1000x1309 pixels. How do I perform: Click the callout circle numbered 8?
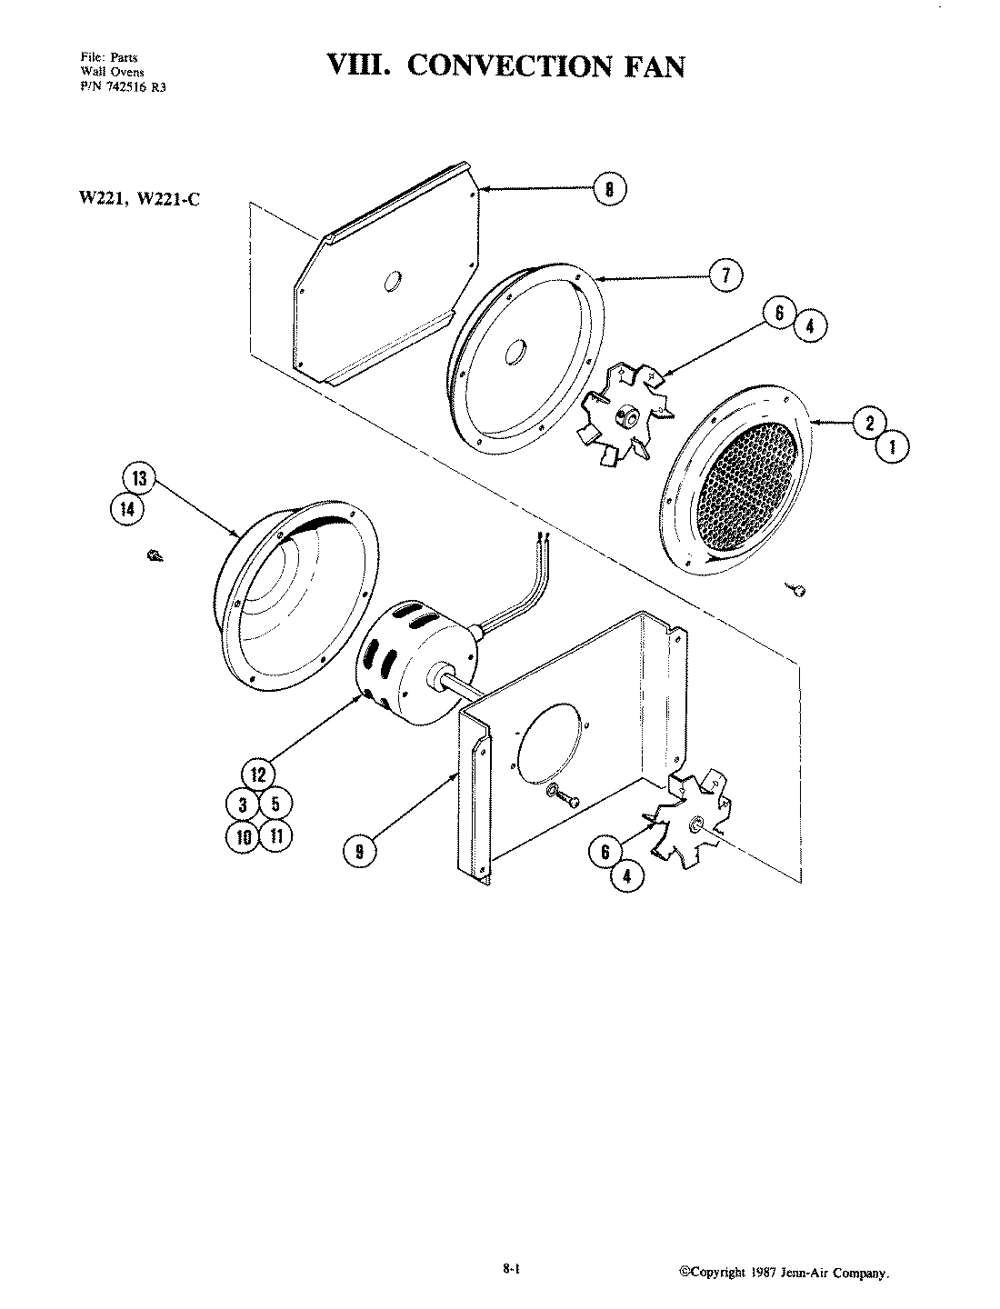(609, 190)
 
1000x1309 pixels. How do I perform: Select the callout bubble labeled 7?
(725, 275)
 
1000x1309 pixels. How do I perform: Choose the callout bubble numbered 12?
(258, 774)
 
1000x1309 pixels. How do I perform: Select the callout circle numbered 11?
(275, 834)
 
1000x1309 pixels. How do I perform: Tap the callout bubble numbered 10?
(243, 836)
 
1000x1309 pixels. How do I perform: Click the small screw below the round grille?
(795, 590)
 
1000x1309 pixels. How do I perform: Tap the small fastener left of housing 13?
(154, 556)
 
